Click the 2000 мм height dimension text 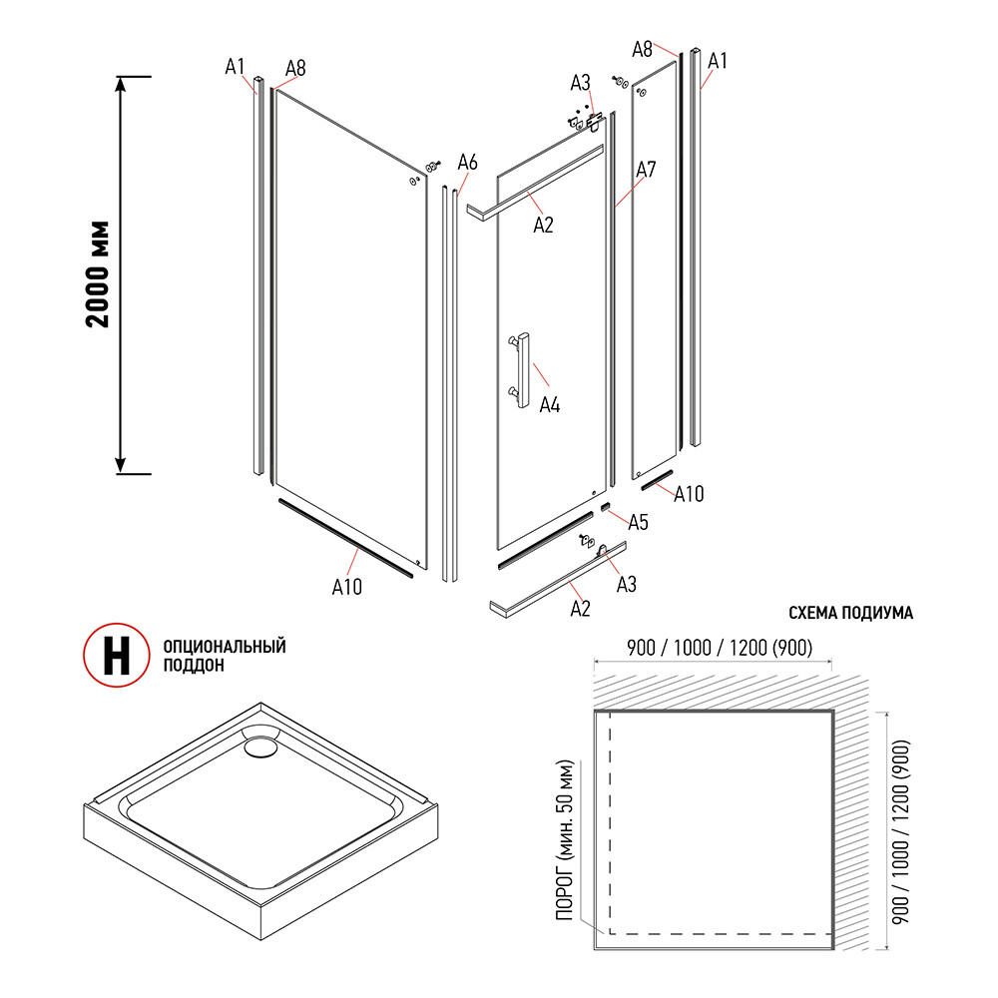(x=97, y=273)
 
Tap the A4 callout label (x=550, y=405)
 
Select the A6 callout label (x=468, y=162)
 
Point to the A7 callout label (x=645, y=170)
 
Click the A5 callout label (x=638, y=521)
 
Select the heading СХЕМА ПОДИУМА (x=850, y=614)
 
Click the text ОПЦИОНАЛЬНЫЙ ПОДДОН (x=224, y=655)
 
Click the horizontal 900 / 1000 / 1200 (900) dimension (x=715, y=647)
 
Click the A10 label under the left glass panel (x=346, y=587)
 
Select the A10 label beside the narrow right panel (x=689, y=493)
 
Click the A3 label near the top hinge (x=581, y=82)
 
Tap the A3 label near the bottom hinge (x=626, y=584)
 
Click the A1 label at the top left (x=235, y=67)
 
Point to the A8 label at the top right (x=643, y=48)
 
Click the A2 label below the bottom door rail (x=580, y=607)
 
